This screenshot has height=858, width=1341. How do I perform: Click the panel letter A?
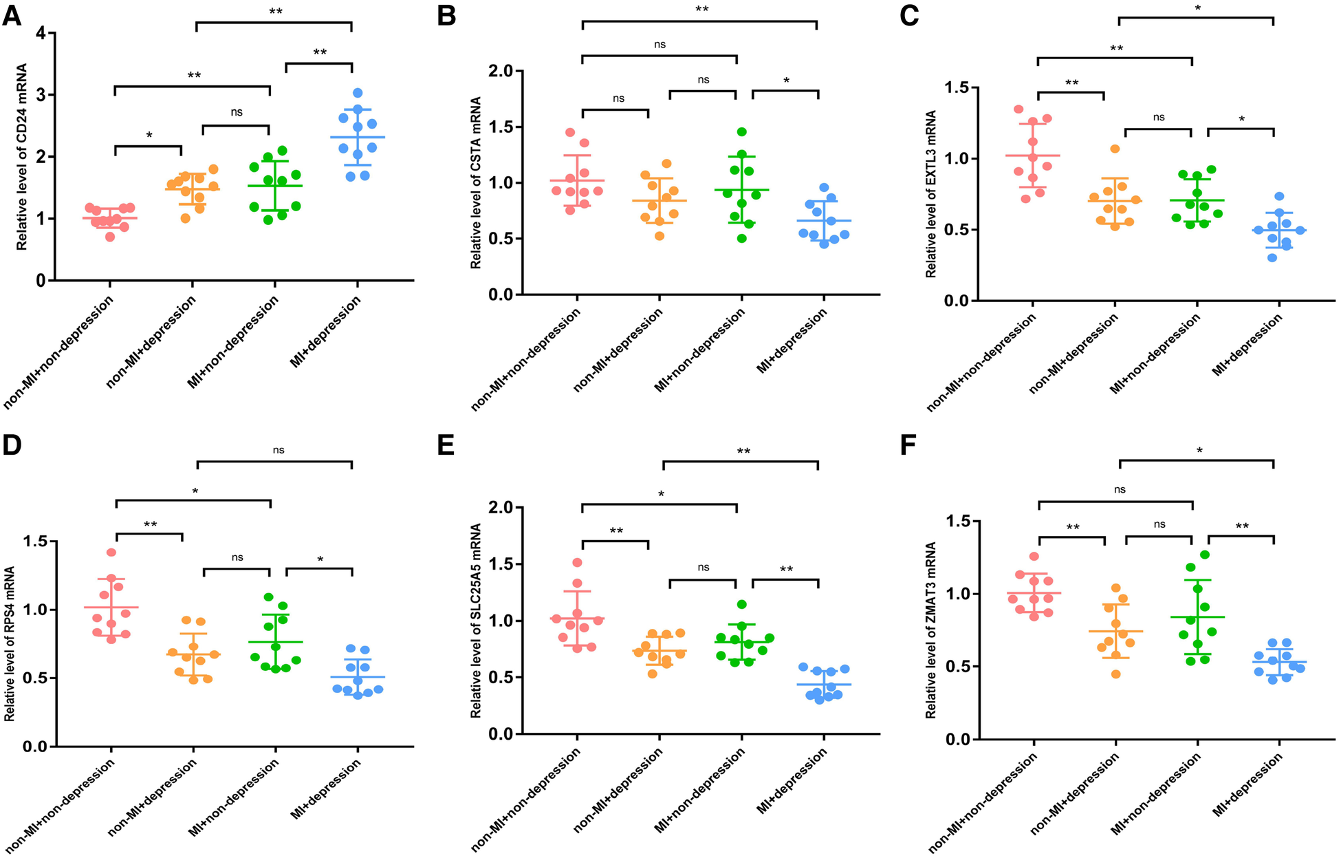tap(12, 14)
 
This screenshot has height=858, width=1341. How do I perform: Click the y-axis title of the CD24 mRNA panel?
tap(22, 157)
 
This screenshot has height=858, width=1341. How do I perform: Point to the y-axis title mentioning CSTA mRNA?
tap(476, 182)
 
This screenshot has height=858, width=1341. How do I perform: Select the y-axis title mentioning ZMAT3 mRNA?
tap(931, 630)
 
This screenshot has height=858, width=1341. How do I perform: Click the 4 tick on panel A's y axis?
tap(41, 33)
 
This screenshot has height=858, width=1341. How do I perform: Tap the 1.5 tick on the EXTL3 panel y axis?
tap(957, 87)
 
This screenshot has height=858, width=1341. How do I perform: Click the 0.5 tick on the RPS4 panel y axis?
tap(34, 678)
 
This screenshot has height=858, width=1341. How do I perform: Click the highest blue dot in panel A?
tap(358, 93)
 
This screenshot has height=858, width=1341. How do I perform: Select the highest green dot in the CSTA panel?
tap(741, 131)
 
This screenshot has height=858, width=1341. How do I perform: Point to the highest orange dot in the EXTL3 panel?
tap(1115, 149)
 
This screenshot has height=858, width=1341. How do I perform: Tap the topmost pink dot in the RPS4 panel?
tap(111, 552)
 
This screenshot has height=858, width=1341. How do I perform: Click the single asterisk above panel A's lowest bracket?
tap(149, 136)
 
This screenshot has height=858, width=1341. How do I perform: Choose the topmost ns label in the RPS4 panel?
tap(278, 450)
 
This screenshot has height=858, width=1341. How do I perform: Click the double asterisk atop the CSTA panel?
tap(701, 10)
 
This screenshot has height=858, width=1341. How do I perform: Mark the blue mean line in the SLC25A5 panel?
tap(824, 684)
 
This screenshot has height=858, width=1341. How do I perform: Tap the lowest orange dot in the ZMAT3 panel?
tap(1116, 674)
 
